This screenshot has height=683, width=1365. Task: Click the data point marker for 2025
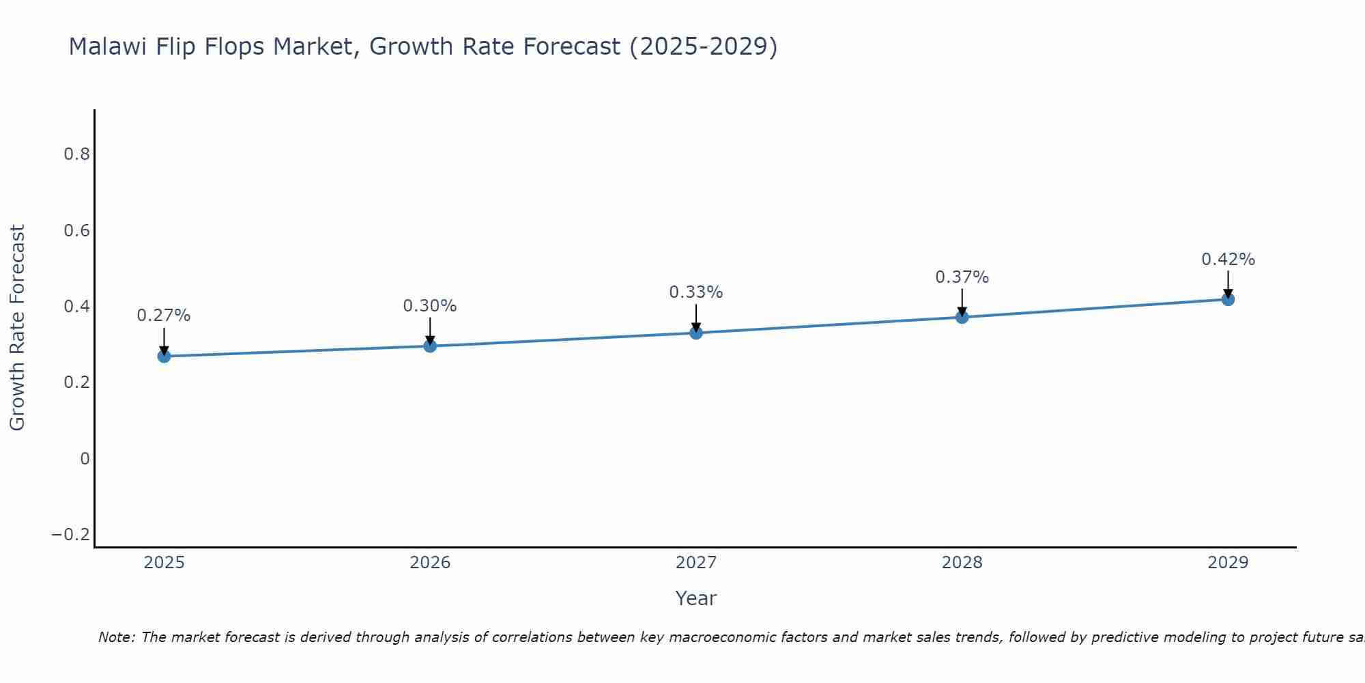pos(164,356)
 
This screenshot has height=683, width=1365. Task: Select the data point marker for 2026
pos(430,346)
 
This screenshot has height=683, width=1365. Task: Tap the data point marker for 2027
pos(696,333)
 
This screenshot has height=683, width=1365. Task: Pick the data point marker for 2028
pos(962,317)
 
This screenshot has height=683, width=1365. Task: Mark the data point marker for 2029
pos(1228,299)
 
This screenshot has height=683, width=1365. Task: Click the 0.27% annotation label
pos(164,316)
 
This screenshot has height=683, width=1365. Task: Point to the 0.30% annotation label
pos(430,306)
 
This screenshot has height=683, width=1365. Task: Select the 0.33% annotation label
pos(696,292)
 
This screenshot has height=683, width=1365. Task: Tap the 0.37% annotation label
pos(962,277)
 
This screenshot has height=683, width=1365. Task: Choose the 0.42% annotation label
pos(1228,260)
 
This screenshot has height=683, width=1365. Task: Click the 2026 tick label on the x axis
pos(430,563)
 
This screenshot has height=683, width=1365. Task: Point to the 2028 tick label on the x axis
pos(962,563)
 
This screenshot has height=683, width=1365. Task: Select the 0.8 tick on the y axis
pos(77,154)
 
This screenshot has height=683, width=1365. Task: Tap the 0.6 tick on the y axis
pos(77,231)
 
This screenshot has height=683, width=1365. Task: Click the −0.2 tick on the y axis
pos(71,535)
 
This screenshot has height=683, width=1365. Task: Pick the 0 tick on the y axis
pos(85,458)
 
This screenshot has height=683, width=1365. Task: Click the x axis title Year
pos(695,598)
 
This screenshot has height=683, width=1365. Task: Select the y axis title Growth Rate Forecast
pos(17,327)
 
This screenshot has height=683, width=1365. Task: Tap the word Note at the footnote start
pos(116,637)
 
